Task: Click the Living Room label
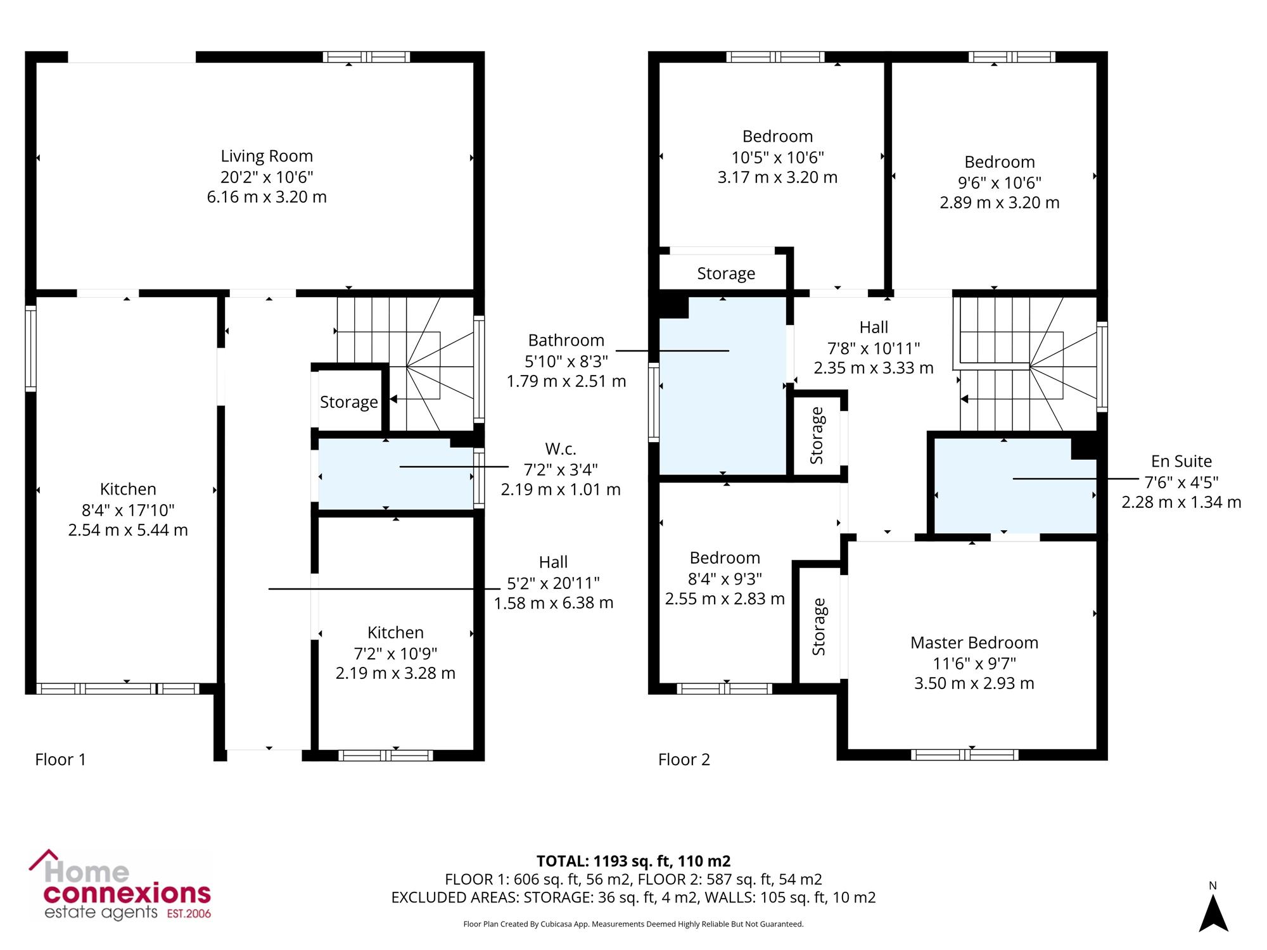267,156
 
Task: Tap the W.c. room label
561,449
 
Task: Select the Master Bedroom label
974,643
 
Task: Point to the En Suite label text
1181,461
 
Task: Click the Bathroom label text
566,340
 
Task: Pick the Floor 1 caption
60,759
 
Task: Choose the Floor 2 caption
684,759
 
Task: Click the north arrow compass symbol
1213,909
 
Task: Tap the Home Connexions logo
120,885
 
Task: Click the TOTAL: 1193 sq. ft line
633,861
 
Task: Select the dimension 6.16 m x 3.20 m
267,197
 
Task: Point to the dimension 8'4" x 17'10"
128,510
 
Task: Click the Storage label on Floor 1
349,402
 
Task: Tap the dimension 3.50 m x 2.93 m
974,683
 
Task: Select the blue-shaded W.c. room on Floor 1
395,474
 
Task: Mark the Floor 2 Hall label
874,327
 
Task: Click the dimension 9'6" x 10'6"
1000,182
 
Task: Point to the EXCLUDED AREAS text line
633,897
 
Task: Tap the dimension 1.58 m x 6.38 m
554,603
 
